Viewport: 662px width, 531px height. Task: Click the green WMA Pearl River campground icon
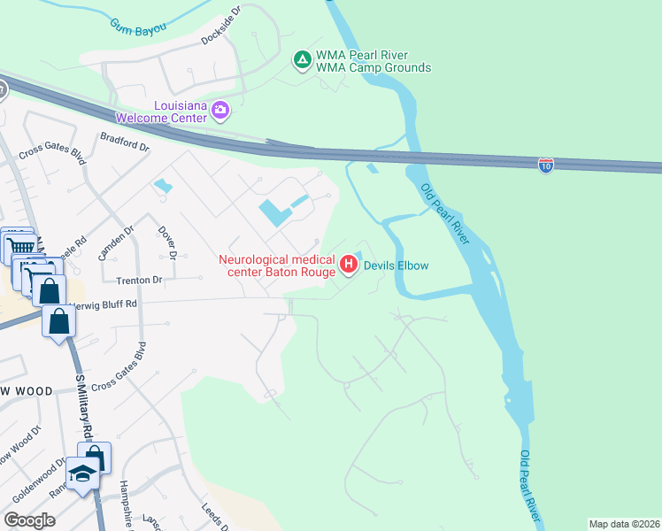click(302, 60)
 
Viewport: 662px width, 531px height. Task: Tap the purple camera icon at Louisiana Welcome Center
click(220, 111)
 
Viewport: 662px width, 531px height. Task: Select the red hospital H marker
click(348, 264)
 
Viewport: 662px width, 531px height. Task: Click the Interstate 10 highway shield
click(546, 165)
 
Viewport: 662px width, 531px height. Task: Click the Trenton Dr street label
click(140, 281)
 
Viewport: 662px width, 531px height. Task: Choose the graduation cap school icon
click(82, 475)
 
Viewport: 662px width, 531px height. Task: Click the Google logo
click(29, 520)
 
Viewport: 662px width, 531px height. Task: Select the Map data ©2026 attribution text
click(625, 524)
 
